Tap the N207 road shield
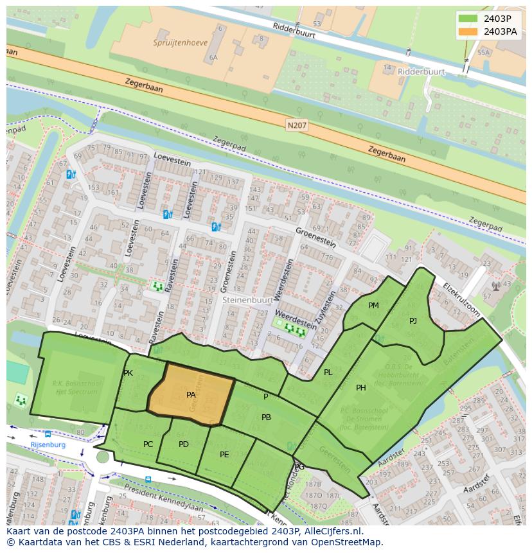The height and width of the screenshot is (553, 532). tap(297, 125)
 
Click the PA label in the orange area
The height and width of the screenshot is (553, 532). tap(191, 395)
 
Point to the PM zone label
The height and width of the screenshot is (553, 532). tap(373, 306)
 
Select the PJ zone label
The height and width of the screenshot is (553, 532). tap(413, 320)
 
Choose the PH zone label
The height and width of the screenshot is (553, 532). tap(361, 387)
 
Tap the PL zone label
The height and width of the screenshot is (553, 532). tap(328, 373)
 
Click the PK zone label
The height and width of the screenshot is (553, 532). tap(128, 373)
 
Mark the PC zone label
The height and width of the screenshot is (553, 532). tap(148, 444)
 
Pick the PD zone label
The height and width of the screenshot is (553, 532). tap(184, 444)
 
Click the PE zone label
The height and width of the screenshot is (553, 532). tap(224, 454)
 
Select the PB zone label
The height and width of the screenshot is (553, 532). tap(266, 417)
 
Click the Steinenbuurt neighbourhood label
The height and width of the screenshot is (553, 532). tap(245, 299)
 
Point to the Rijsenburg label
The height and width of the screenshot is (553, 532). tap(48, 444)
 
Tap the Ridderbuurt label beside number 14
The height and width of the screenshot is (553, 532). tap(421, 72)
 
